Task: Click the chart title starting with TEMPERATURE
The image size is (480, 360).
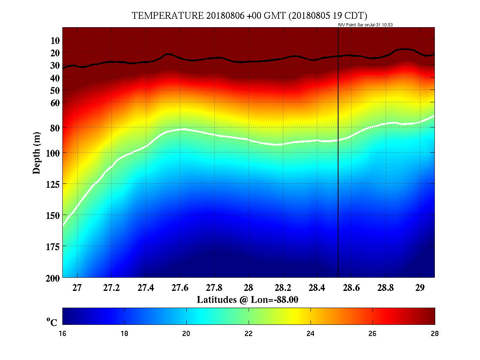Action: point(249,16)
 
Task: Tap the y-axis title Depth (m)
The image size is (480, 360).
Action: point(36,153)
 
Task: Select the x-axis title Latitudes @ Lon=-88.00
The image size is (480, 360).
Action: point(248,299)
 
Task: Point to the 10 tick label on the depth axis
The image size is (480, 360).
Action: point(55,40)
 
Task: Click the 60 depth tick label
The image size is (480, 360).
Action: point(55,103)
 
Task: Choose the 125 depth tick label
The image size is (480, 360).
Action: point(53,184)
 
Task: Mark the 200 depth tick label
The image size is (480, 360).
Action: point(53,278)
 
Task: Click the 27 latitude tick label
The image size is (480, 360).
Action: point(77,288)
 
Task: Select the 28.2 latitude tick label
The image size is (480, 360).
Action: point(283,288)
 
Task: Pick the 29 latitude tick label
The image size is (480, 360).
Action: point(420,288)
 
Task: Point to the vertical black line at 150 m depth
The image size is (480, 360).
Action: point(338,215)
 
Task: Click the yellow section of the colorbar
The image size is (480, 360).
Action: point(295,316)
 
